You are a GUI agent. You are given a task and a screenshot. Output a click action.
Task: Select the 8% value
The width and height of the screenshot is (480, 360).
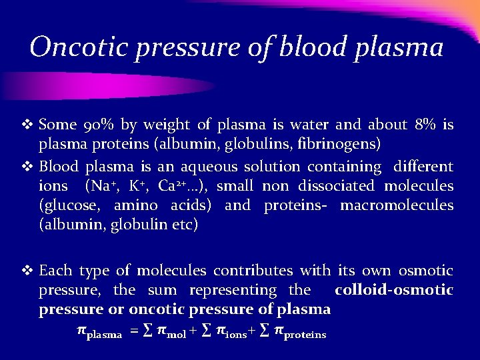(426, 125)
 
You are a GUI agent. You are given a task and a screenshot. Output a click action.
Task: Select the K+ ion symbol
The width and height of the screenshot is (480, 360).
(140, 185)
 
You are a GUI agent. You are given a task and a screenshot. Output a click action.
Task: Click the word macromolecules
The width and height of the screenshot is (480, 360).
(397, 205)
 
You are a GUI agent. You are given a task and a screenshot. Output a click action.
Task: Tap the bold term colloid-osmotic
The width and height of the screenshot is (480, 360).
(393, 290)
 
